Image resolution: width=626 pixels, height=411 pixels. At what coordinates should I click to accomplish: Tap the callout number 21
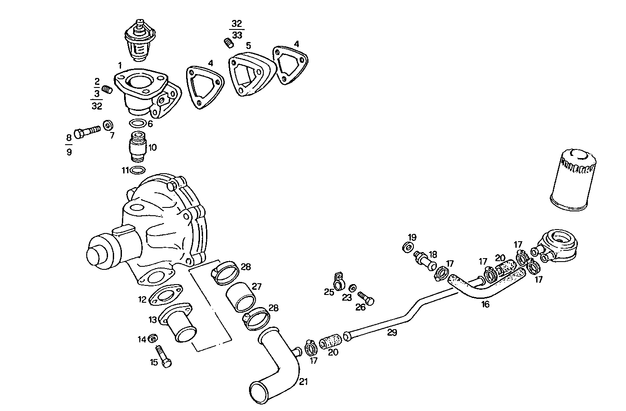(x=303, y=382)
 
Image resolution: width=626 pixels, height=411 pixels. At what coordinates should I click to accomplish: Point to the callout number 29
(x=392, y=332)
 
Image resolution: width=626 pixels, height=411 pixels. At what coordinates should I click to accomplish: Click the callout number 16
(x=485, y=304)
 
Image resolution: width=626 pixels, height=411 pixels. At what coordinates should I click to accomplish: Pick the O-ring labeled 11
(x=138, y=170)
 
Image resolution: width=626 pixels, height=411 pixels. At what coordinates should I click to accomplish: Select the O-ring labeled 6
(x=138, y=123)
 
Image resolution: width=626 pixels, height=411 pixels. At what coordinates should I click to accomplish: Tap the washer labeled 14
(x=153, y=338)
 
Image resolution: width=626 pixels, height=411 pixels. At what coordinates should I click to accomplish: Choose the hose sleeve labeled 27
(x=241, y=298)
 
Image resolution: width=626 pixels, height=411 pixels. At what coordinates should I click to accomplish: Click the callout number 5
(x=248, y=45)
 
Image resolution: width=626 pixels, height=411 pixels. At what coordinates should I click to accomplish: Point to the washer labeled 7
(x=108, y=126)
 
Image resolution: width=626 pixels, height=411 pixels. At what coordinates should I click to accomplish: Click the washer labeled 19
(x=408, y=247)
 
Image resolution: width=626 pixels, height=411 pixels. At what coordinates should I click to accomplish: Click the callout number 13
(x=152, y=320)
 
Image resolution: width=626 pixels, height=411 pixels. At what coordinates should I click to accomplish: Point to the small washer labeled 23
(x=353, y=288)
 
